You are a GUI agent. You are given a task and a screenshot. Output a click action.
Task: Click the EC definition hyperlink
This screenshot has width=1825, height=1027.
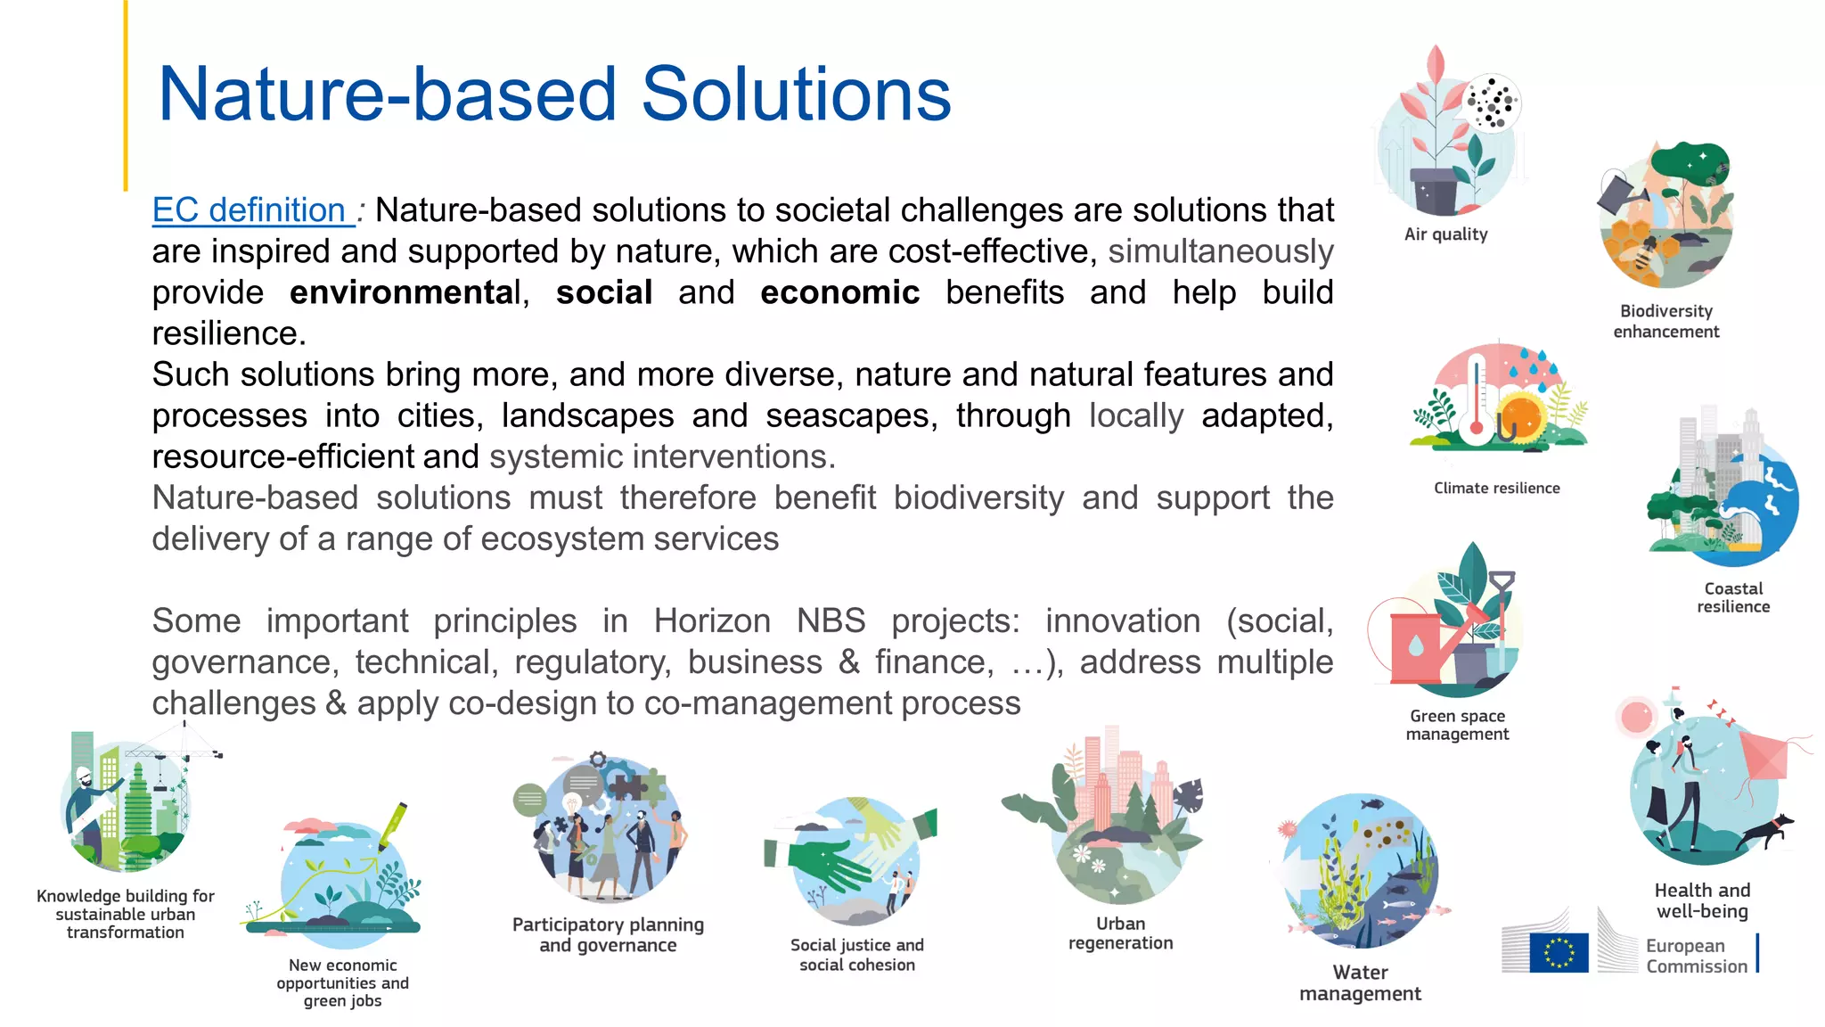(x=250, y=210)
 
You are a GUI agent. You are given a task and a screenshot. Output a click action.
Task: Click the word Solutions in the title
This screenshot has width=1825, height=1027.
(x=796, y=94)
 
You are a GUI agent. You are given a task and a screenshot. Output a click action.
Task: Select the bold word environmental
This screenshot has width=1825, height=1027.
(x=405, y=292)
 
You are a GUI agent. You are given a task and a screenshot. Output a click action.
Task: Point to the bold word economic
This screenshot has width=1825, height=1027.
(x=839, y=292)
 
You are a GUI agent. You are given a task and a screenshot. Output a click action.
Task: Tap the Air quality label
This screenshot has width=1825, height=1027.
(x=1445, y=234)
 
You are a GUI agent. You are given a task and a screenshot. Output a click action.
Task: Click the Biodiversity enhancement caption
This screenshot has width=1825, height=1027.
(x=1665, y=321)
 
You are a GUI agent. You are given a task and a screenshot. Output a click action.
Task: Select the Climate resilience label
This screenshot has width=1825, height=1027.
(x=1496, y=488)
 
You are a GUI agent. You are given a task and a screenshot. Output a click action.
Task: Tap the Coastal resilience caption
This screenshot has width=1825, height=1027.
(x=1732, y=597)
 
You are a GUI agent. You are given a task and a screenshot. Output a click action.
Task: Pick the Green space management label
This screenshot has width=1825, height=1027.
(x=1457, y=725)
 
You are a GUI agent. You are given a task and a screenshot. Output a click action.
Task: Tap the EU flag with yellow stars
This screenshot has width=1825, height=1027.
(x=1559, y=952)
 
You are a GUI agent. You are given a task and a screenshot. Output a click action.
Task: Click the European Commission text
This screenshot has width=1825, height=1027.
(x=1696, y=956)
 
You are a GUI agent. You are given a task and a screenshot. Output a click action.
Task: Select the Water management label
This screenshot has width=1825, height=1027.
(x=1360, y=982)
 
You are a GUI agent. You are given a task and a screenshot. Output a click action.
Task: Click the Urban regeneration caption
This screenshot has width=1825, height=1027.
(x=1120, y=933)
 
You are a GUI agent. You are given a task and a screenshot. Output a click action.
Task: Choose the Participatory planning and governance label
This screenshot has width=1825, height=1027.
(x=608, y=934)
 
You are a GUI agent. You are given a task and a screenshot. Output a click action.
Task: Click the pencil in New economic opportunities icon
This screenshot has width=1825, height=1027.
(x=393, y=826)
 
